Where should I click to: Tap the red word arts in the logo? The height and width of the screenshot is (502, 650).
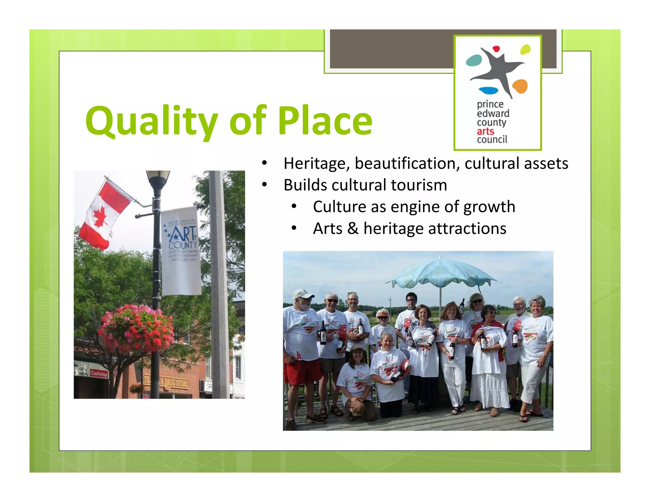[x=485, y=131]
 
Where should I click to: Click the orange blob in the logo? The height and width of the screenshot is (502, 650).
[x=520, y=86]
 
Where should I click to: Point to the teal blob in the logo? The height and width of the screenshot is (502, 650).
[x=474, y=60]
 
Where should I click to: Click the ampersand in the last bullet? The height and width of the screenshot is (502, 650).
[x=353, y=228]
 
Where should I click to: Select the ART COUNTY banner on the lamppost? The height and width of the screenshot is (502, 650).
[x=181, y=251]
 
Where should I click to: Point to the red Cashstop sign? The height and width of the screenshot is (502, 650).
[x=99, y=373]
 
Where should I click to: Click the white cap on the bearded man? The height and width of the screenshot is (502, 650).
[x=302, y=294]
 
